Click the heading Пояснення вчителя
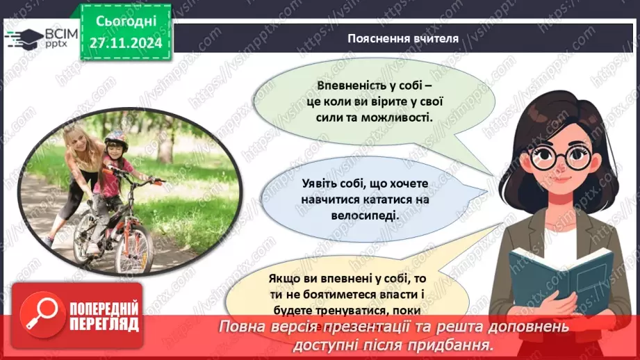[403, 38]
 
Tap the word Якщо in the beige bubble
[284, 278]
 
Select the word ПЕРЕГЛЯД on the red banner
[105, 324]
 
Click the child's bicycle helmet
[116, 138]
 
